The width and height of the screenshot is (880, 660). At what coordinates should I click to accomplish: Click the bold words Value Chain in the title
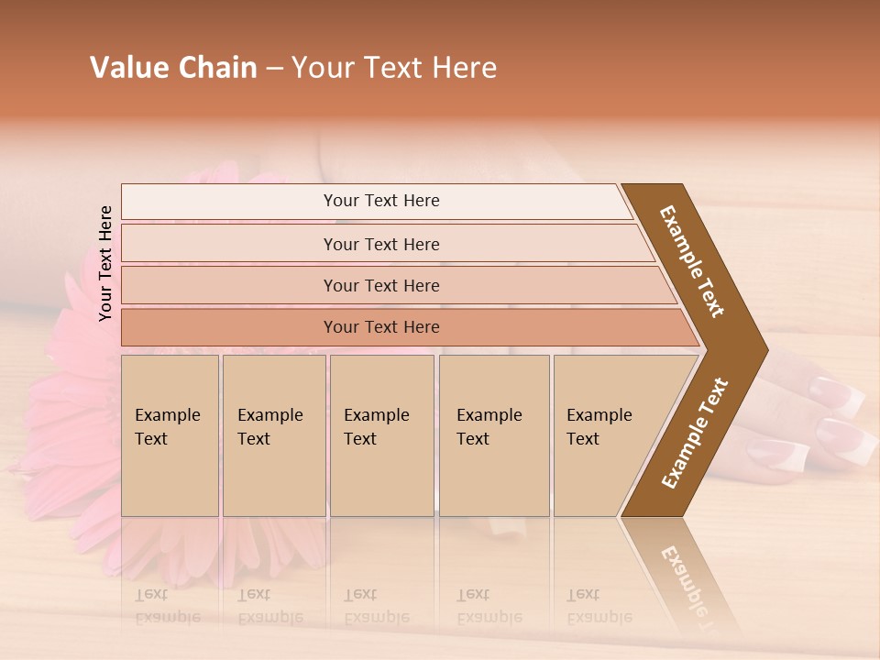click(x=173, y=68)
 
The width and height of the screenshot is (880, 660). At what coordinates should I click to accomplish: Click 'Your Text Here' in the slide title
click(x=394, y=68)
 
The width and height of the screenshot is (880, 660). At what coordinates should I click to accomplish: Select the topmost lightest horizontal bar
click(x=376, y=201)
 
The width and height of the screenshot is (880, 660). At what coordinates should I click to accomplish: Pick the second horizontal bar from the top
click(x=381, y=244)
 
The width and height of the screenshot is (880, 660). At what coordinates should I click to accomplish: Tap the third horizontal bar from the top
click(x=381, y=285)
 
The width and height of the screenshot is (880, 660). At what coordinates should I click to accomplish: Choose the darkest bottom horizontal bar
click(x=381, y=327)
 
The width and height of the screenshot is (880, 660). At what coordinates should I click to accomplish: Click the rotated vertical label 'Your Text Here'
click(x=105, y=263)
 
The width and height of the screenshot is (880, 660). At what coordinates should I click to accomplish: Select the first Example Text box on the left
click(x=170, y=435)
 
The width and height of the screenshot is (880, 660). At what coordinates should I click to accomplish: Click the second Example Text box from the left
click(x=273, y=435)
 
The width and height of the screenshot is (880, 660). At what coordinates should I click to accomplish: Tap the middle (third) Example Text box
click(x=381, y=435)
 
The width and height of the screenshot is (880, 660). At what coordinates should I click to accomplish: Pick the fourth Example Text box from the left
click(x=494, y=435)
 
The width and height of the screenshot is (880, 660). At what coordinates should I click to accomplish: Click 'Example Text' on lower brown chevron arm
click(x=695, y=433)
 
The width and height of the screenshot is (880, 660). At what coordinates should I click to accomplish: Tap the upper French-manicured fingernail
click(x=839, y=393)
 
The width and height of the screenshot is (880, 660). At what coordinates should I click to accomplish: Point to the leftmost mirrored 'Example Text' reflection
click(x=167, y=606)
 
